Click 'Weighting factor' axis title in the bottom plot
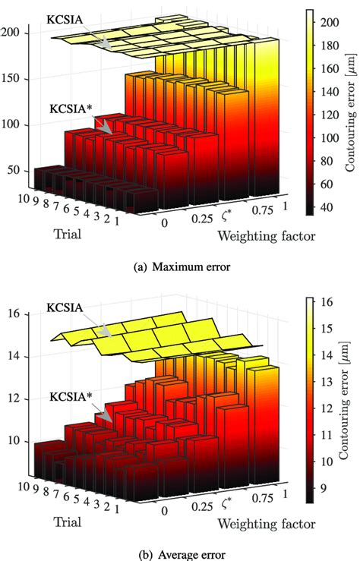click(265, 523)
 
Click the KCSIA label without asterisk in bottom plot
click(66, 309)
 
